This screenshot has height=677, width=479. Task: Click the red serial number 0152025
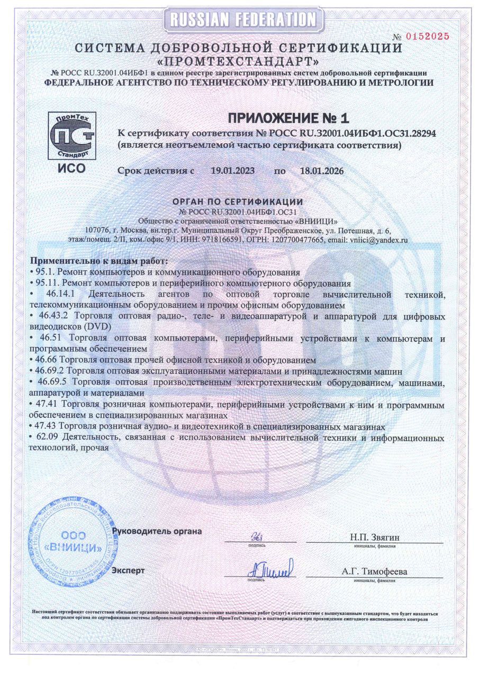click(x=428, y=36)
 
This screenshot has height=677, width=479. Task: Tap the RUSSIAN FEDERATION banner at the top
click(x=243, y=20)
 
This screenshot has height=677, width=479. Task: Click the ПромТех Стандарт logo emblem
click(x=71, y=135)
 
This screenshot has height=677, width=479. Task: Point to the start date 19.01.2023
click(x=233, y=171)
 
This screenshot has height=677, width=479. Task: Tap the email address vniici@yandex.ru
click(x=378, y=240)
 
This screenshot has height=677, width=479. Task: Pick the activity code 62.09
click(x=48, y=438)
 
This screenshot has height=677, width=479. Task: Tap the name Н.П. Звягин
click(x=374, y=537)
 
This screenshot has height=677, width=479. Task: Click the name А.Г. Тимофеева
click(x=375, y=572)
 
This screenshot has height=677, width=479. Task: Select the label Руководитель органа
click(x=157, y=530)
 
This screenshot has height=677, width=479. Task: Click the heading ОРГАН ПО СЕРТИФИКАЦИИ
click(x=238, y=202)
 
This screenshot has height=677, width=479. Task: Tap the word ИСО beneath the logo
click(x=71, y=169)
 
